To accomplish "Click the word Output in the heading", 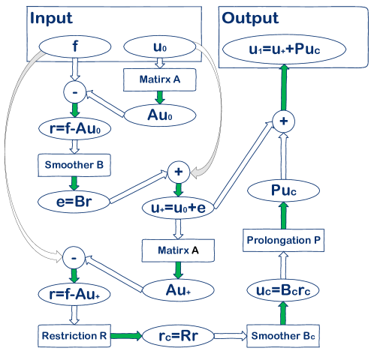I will (x=250, y=17).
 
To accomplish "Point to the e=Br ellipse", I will (x=73, y=202).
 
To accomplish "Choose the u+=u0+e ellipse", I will (x=179, y=207).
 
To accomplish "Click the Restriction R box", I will (x=73, y=334).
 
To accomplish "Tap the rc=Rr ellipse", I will (x=179, y=334).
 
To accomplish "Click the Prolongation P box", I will (x=283, y=240).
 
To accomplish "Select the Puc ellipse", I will (x=283, y=192).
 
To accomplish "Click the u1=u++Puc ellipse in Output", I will (x=283, y=50).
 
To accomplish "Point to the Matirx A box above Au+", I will (x=179, y=247).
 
